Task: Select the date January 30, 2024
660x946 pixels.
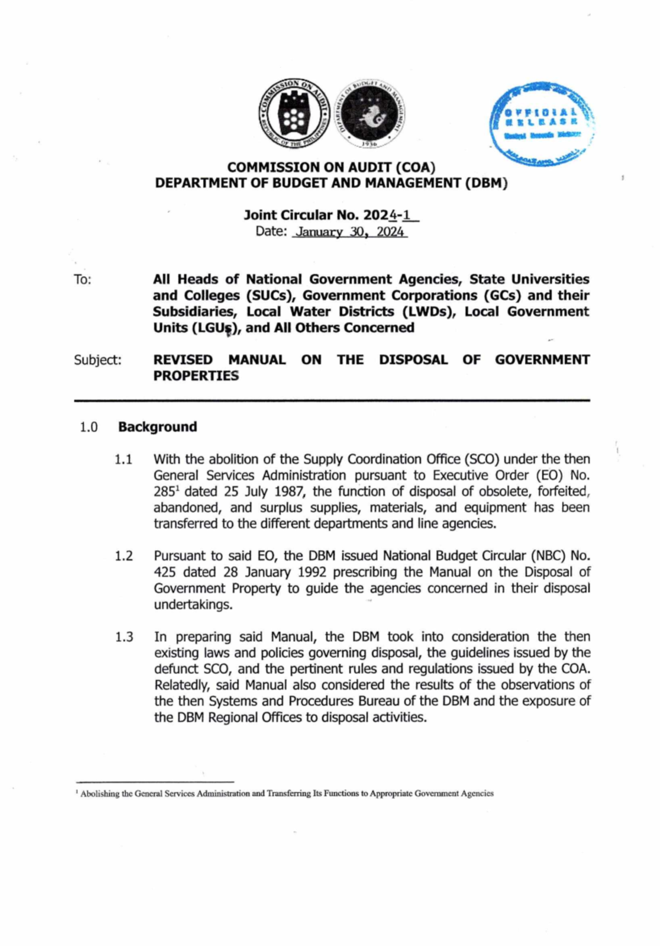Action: [x=350, y=232]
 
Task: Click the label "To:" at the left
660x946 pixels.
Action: [x=82, y=280]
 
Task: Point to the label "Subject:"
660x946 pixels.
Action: [x=97, y=360]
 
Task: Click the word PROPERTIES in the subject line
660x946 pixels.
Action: [x=196, y=376]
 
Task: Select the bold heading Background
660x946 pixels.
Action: [x=157, y=427]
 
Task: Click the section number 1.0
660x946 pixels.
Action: [x=89, y=427]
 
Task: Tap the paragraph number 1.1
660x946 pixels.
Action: [x=124, y=459]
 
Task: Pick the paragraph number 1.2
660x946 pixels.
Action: [x=124, y=556]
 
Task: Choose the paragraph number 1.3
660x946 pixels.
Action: [x=124, y=637]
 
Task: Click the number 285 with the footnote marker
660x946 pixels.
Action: [x=164, y=492]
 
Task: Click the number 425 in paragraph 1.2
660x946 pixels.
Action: [x=164, y=572]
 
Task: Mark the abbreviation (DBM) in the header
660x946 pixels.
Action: [x=486, y=183]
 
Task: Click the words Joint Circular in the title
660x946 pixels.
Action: [x=288, y=215]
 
